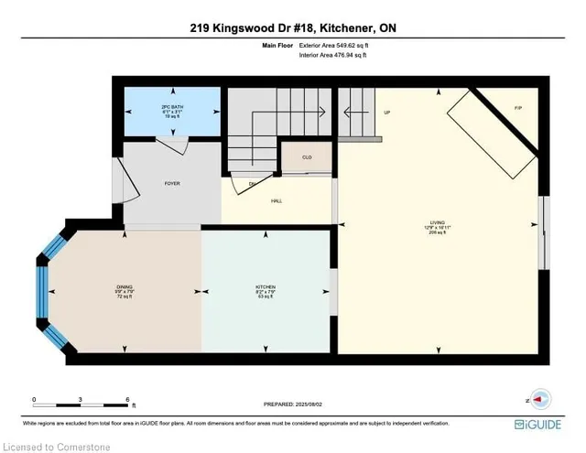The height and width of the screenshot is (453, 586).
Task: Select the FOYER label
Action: point(172,184)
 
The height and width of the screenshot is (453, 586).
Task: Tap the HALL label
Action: point(276,200)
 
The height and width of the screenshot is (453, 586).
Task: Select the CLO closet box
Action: point(307,157)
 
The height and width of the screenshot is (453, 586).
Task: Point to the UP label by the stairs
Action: point(386,113)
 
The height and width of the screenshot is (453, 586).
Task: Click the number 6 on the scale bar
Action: point(127,400)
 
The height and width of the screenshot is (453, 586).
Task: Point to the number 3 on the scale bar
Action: point(81,400)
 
